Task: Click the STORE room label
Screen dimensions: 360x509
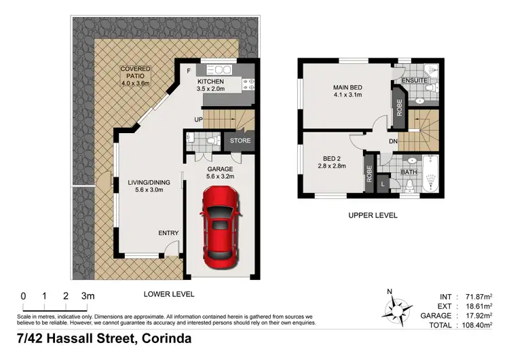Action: (240, 141)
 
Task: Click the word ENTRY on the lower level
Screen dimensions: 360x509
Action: (168, 233)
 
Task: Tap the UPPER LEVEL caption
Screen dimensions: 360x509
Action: (373, 215)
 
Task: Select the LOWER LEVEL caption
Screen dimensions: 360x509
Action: (169, 294)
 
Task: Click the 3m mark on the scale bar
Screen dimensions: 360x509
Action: (88, 295)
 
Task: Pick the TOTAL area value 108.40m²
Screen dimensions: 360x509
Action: (477, 326)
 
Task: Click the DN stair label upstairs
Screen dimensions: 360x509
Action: (392, 141)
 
